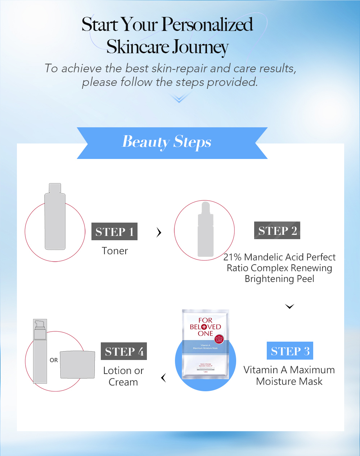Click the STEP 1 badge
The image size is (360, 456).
tap(114, 232)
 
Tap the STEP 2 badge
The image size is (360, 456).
tap(277, 231)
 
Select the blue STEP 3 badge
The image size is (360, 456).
tap(290, 351)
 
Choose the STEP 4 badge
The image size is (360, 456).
tap(124, 351)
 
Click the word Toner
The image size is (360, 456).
tap(114, 251)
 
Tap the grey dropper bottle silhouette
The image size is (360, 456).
tap(206, 232)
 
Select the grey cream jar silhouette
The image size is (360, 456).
tap(77, 364)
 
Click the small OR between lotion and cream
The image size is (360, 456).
tap(54, 360)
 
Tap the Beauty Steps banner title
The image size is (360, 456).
tap(167, 142)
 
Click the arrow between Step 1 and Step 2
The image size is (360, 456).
tap(159, 233)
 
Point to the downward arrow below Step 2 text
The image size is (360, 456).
tap(289, 306)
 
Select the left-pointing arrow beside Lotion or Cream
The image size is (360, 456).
tap(163, 378)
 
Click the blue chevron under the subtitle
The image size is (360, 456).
tap(179, 97)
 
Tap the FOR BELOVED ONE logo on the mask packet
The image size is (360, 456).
tap(205, 327)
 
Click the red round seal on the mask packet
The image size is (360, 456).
tap(219, 339)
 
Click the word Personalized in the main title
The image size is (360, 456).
tap(207, 24)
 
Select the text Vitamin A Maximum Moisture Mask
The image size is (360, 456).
tap(289, 375)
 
